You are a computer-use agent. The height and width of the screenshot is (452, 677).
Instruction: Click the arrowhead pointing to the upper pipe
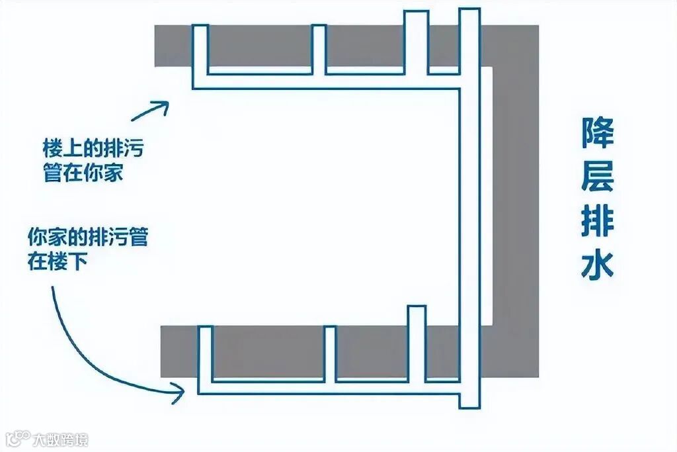161,106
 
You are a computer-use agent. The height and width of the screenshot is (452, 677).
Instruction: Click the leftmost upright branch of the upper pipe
200,50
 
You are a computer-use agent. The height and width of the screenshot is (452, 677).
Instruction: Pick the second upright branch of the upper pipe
319,50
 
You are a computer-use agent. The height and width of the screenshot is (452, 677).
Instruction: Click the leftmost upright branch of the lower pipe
206,354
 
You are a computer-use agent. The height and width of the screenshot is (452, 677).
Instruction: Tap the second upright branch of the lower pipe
329,354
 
